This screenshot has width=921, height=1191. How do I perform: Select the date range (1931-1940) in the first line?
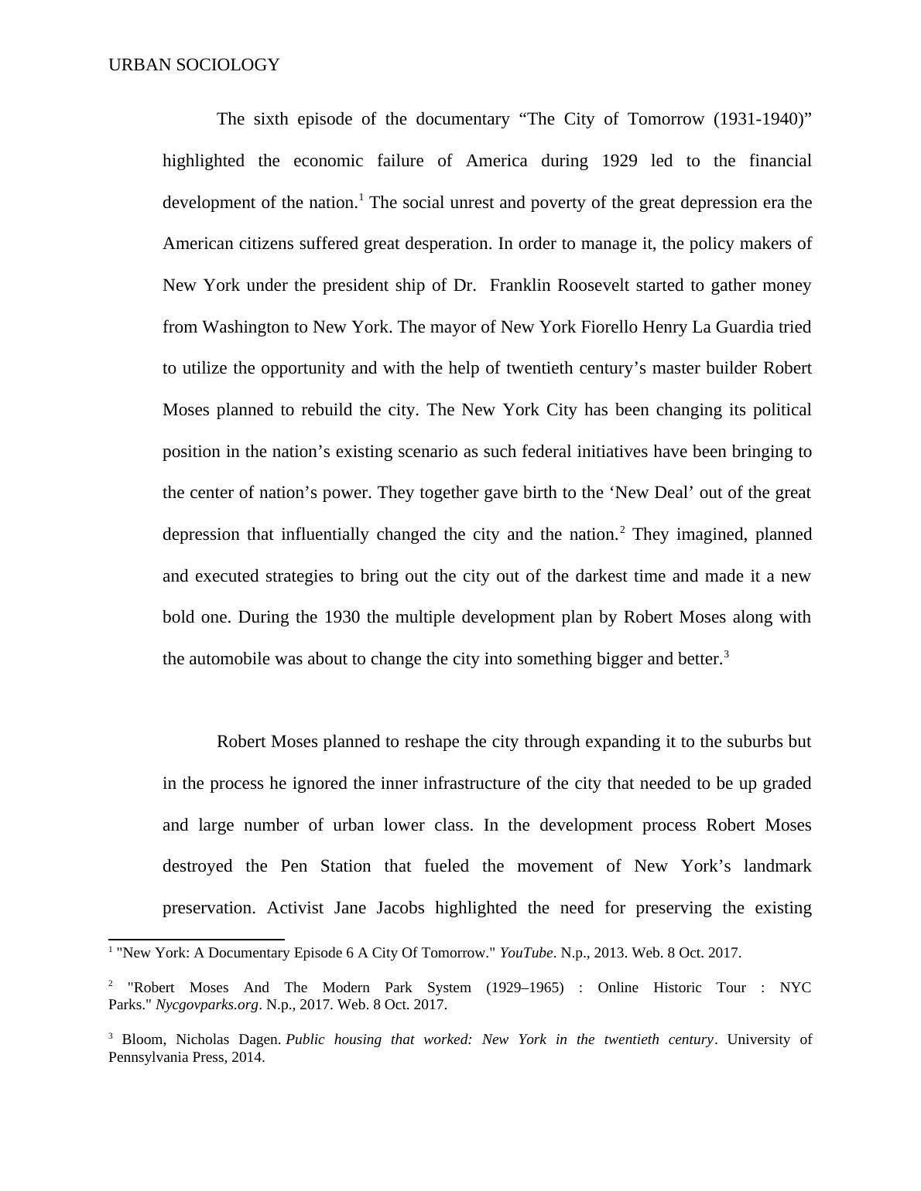click(x=760, y=119)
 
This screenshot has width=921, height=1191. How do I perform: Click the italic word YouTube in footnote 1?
click(x=526, y=953)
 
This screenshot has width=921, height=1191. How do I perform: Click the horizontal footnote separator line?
click(x=197, y=939)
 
